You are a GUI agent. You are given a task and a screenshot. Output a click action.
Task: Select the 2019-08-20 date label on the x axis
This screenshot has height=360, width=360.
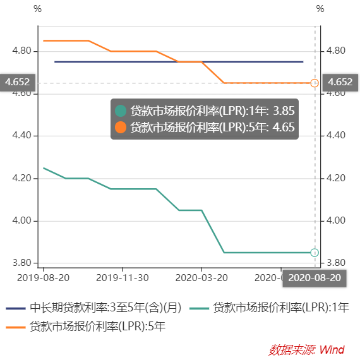42,277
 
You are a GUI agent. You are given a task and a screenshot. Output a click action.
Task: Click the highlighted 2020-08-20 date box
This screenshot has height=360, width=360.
314,278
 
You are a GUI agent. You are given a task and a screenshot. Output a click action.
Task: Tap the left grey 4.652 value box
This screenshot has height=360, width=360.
17,82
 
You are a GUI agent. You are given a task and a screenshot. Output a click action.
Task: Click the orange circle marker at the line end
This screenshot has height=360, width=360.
315,83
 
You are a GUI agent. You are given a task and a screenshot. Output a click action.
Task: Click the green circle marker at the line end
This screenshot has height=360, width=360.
315,253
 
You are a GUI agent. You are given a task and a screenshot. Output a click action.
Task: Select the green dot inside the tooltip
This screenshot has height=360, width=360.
121,111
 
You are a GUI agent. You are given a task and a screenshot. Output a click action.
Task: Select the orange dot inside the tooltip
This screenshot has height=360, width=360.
121,127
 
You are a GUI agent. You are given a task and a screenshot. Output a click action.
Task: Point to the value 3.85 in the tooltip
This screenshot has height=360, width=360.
284,111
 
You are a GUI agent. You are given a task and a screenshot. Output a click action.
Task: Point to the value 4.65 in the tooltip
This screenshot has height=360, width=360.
284,127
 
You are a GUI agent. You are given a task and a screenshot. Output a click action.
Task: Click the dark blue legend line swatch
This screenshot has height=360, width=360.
15,308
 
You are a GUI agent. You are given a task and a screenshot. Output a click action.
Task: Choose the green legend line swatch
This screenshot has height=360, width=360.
200,308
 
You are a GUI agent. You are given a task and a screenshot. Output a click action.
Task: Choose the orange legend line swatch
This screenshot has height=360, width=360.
15,327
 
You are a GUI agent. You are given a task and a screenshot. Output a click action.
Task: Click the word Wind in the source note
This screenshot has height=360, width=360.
332,349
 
